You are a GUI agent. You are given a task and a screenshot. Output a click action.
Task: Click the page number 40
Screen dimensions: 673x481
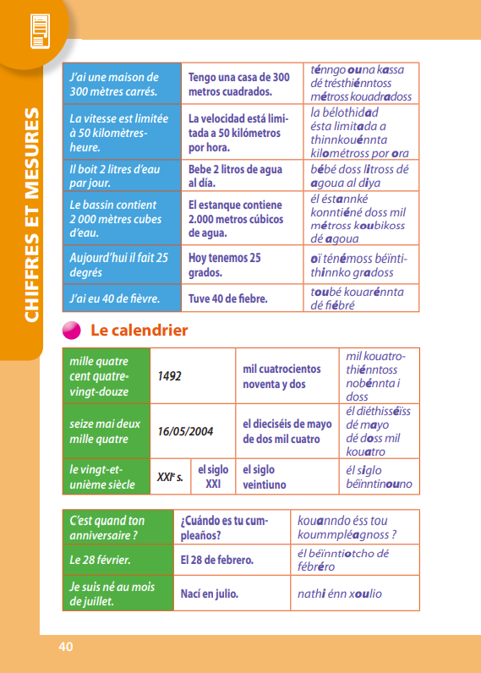(66, 647)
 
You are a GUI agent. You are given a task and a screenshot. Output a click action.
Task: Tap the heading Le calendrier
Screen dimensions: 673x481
(139, 331)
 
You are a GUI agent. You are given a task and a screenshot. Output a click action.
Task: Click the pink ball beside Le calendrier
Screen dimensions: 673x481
(72, 331)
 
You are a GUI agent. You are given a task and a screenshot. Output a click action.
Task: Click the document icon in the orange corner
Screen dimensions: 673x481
(37, 30)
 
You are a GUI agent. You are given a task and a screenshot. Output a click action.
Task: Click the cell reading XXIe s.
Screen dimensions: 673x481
(170, 477)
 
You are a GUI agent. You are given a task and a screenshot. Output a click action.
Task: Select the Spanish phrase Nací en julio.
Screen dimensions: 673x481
(210, 594)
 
